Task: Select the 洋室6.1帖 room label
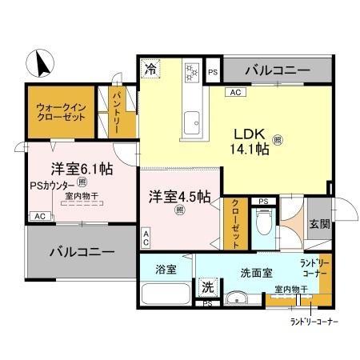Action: pyautogui.click(x=82, y=169)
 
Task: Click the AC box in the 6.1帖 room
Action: pyautogui.click(x=38, y=216)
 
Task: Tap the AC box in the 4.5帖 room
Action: pyautogui.click(x=147, y=238)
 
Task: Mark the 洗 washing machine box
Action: pyautogui.click(x=207, y=286)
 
